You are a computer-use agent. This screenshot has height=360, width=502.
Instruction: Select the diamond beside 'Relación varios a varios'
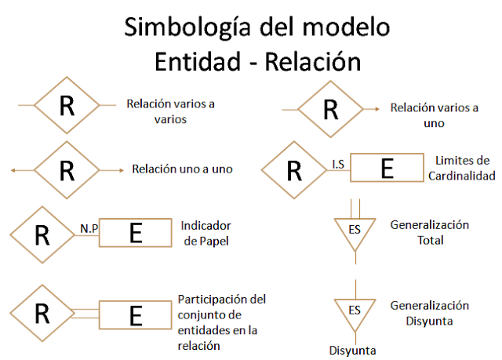coord(67,105)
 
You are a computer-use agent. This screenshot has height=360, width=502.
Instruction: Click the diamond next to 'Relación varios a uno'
coord(330,109)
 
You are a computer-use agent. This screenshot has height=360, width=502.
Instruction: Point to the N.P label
coord(88,229)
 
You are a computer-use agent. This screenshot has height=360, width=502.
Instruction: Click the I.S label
coord(340,165)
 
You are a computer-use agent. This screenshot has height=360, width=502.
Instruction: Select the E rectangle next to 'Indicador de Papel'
coord(136,233)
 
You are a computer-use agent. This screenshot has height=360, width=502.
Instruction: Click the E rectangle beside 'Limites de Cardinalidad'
coord(385,168)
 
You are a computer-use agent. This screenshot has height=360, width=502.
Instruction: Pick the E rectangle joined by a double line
coord(136,315)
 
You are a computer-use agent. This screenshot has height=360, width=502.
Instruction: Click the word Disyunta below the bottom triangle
coord(352,350)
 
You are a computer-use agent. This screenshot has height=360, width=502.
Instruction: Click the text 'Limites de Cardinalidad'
coord(460,168)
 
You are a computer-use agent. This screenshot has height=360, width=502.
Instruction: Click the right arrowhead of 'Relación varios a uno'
coord(378,109)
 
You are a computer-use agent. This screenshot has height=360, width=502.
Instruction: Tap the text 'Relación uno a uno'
coord(182,169)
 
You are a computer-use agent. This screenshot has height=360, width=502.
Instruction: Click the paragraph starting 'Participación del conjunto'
coord(222,322)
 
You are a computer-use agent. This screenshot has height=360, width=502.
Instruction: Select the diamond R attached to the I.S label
coord(295,169)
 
